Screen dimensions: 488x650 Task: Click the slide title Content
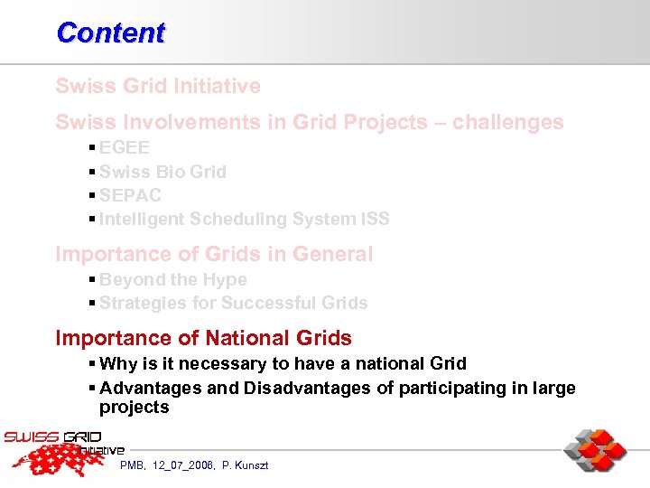[x=110, y=33]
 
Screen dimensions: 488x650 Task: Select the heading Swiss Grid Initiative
[x=158, y=87]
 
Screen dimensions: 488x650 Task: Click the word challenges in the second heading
[x=508, y=122]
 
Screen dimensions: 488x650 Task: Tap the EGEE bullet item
[x=125, y=148]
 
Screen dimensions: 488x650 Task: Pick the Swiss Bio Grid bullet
[x=162, y=172]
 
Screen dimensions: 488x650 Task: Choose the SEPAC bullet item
[x=130, y=195]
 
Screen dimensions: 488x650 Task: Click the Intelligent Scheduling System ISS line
[x=244, y=219]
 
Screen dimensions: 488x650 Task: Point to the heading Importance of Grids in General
[x=214, y=254]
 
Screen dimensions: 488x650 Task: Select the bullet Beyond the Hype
[x=172, y=280]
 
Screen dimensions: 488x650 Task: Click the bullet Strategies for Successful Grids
[x=233, y=303]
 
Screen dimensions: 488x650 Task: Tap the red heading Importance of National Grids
[x=204, y=338]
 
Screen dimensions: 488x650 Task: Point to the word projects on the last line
[x=134, y=408]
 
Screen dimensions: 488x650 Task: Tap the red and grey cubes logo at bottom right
[x=595, y=451]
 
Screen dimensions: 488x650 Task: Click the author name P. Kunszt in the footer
[x=245, y=465]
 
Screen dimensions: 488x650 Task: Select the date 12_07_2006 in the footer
[x=184, y=465]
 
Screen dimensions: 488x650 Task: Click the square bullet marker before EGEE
[x=93, y=148]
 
